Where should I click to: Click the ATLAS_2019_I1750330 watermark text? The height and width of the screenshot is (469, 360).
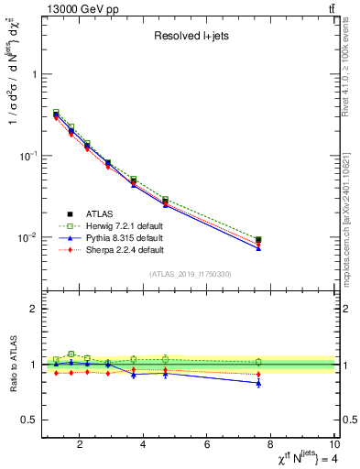pyautogui.click(x=190, y=274)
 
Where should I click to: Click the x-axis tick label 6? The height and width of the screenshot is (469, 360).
pyautogui.click(x=208, y=446)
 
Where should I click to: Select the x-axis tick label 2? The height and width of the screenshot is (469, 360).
pyautogui.click(x=81, y=446)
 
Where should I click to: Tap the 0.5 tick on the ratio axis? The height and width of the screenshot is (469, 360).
pyautogui.click(x=29, y=420)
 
